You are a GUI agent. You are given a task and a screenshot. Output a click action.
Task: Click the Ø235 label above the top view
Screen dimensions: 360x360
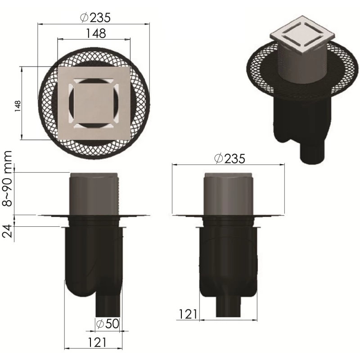pos(95,18)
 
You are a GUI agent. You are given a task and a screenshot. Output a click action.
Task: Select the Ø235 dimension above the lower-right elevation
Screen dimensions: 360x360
pos(229,158)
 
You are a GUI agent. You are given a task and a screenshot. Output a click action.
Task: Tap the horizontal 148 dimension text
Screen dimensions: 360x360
pos(96,33)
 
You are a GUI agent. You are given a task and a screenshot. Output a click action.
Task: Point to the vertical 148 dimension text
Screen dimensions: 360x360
pos(18,106)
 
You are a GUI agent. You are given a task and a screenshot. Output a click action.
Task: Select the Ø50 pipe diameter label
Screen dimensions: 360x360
pos(108,324)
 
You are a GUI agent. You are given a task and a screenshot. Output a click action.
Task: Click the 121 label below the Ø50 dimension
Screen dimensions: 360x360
pos(97,342)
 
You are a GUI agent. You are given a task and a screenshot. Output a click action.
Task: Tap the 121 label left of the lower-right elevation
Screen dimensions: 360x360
pos(188,314)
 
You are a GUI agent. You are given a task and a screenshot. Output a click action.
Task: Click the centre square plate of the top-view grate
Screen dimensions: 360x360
pos(94,103)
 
